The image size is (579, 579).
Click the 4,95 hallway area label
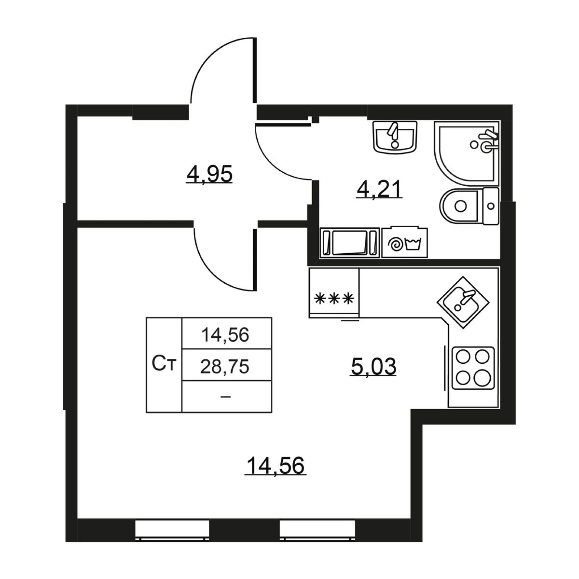209,175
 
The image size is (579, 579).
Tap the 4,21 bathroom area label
379,189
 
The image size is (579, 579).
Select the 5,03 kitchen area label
373,366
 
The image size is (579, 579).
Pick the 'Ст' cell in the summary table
164,365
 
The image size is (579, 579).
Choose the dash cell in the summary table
227,397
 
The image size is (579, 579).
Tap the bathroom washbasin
395,136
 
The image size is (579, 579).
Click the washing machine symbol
405,243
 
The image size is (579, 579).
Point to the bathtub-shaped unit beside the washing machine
350,243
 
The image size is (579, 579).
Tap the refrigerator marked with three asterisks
334,293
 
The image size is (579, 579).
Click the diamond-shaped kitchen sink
463,303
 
